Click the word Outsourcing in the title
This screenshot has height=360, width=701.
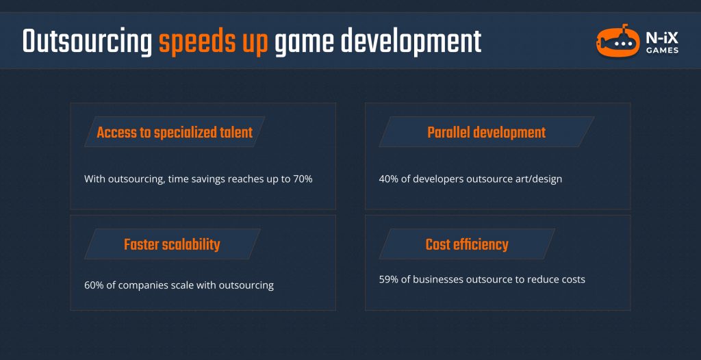tap(87, 42)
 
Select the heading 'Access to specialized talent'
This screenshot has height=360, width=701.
tap(175, 133)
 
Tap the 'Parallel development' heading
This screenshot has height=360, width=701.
tap(486, 133)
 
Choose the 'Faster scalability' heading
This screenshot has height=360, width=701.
tap(172, 244)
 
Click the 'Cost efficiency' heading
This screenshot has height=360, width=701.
tap(467, 244)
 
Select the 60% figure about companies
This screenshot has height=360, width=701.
tap(96, 285)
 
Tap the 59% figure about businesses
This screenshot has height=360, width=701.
tap(390, 279)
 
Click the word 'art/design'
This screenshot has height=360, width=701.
tap(538, 179)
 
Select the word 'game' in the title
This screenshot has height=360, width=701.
tap(303, 42)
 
